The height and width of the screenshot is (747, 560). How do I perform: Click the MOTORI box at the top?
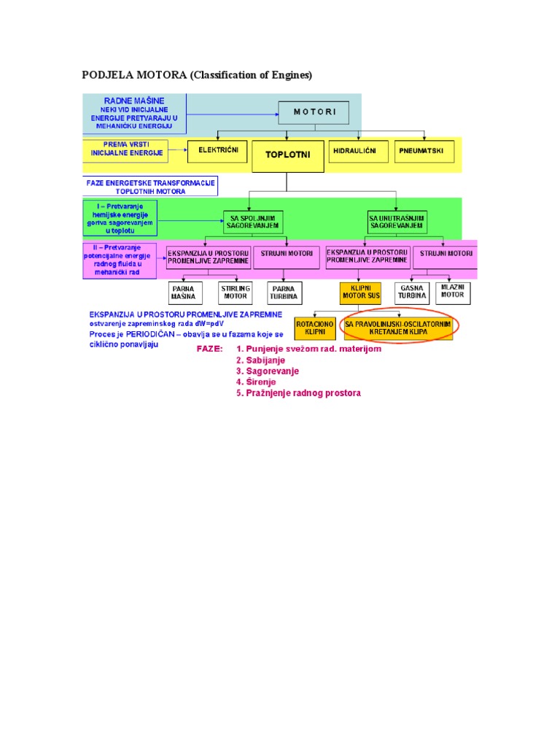click(314, 112)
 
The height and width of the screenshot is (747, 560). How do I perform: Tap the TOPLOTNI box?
click(287, 155)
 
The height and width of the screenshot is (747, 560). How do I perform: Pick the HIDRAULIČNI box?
click(357, 152)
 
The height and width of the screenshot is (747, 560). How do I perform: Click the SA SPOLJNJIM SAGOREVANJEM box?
click(253, 222)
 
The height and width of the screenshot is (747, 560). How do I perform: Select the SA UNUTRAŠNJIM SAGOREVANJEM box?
click(397, 222)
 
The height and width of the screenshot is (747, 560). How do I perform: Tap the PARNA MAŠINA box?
click(183, 293)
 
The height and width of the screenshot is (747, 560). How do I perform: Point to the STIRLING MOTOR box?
click(235, 293)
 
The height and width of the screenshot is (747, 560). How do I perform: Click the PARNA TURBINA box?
click(284, 293)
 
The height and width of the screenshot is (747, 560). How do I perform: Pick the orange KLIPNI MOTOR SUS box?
click(361, 293)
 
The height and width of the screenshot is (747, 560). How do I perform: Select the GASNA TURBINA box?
click(412, 293)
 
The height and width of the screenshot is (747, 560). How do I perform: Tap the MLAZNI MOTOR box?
click(453, 293)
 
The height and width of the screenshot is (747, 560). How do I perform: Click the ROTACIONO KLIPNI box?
click(315, 328)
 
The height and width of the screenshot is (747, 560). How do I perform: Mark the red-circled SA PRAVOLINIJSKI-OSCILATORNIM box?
click(397, 328)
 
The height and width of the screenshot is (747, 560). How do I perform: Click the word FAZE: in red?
click(210, 349)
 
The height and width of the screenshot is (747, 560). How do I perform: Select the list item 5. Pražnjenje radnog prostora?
click(298, 393)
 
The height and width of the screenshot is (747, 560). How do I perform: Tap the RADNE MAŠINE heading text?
click(135, 100)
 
